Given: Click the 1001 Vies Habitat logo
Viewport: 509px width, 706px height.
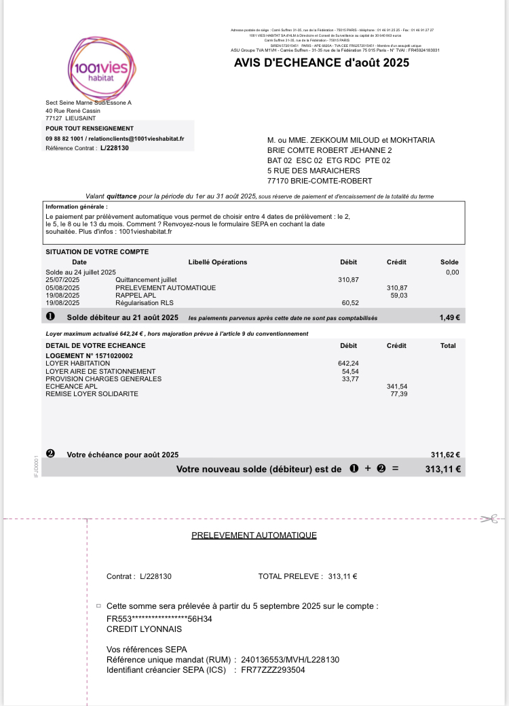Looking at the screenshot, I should [x=101, y=67].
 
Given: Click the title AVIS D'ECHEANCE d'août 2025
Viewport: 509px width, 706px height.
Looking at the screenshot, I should [x=322, y=63].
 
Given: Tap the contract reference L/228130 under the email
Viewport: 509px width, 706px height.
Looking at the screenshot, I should [x=114, y=147].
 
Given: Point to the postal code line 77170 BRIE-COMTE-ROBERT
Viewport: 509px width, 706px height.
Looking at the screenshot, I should [x=320, y=181].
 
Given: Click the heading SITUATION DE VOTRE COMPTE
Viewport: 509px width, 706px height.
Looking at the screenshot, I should [x=97, y=251].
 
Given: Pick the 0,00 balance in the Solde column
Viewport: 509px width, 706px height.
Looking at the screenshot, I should [x=452, y=272].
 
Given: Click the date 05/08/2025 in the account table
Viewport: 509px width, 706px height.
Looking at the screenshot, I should [x=62, y=287].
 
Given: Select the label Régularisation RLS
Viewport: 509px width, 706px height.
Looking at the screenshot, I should [x=145, y=303].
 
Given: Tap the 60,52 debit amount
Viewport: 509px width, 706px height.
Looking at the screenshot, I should [x=350, y=303].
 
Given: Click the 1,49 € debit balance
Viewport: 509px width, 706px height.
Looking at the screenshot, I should [x=449, y=317].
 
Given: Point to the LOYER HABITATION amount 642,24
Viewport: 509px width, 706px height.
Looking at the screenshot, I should [x=348, y=364].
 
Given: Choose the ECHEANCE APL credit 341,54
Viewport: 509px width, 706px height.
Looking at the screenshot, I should [x=397, y=386].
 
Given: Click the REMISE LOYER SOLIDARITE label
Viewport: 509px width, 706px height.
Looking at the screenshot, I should [x=92, y=393].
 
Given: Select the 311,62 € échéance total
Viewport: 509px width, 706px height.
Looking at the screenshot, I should [x=445, y=455].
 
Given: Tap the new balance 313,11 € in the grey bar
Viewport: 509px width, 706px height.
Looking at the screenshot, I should [x=442, y=469].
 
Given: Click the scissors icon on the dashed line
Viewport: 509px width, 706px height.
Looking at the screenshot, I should [x=488, y=519].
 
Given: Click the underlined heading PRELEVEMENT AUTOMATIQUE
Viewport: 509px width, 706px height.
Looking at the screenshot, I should [x=254, y=535].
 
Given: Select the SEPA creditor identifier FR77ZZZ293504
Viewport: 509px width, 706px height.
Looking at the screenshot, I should [x=269, y=670].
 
